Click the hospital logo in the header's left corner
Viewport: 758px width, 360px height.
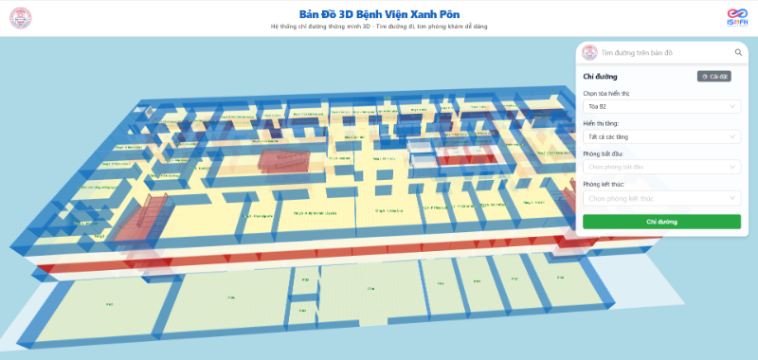[x=20, y=17]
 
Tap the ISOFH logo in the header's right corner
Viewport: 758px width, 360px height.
[x=737, y=18]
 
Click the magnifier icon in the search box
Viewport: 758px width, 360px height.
[x=738, y=53]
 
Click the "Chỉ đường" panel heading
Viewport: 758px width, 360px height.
[x=600, y=76]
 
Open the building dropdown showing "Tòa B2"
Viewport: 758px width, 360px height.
[x=661, y=107]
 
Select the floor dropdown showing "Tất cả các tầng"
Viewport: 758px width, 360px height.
[x=661, y=136]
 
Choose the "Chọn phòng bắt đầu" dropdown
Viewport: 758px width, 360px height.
[x=661, y=167]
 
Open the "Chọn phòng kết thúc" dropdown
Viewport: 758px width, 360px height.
[x=661, y=198]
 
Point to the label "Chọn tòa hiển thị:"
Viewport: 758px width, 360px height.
[x=606, y=94]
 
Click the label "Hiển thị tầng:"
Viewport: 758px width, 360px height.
[x=601, y=123]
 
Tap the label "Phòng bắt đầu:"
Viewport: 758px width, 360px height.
[x=603, y=153]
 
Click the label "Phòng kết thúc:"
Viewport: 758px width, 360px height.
[x=604, y=184]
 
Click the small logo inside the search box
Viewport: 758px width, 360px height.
[x=590, y=53]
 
